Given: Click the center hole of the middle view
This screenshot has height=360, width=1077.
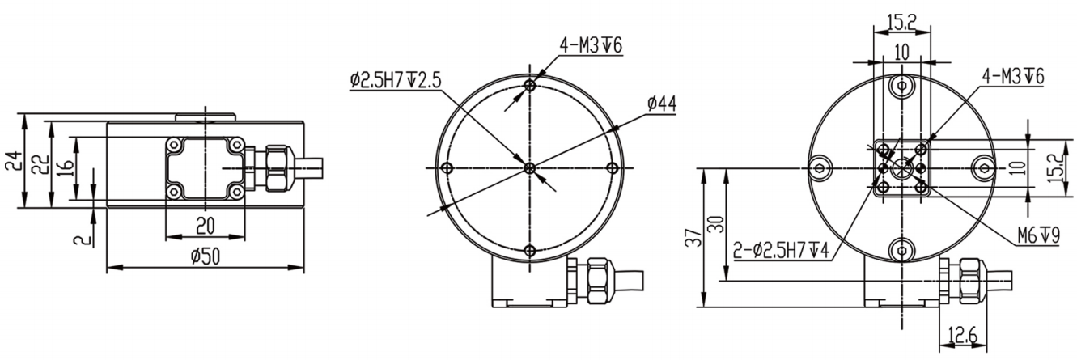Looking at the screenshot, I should pos(529,167).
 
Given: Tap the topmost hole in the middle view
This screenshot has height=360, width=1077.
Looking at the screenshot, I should pos(529,85).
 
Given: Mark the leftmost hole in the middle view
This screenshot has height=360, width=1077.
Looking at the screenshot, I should pos(446,167).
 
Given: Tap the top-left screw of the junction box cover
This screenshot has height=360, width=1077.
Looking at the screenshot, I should pos(174,145).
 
